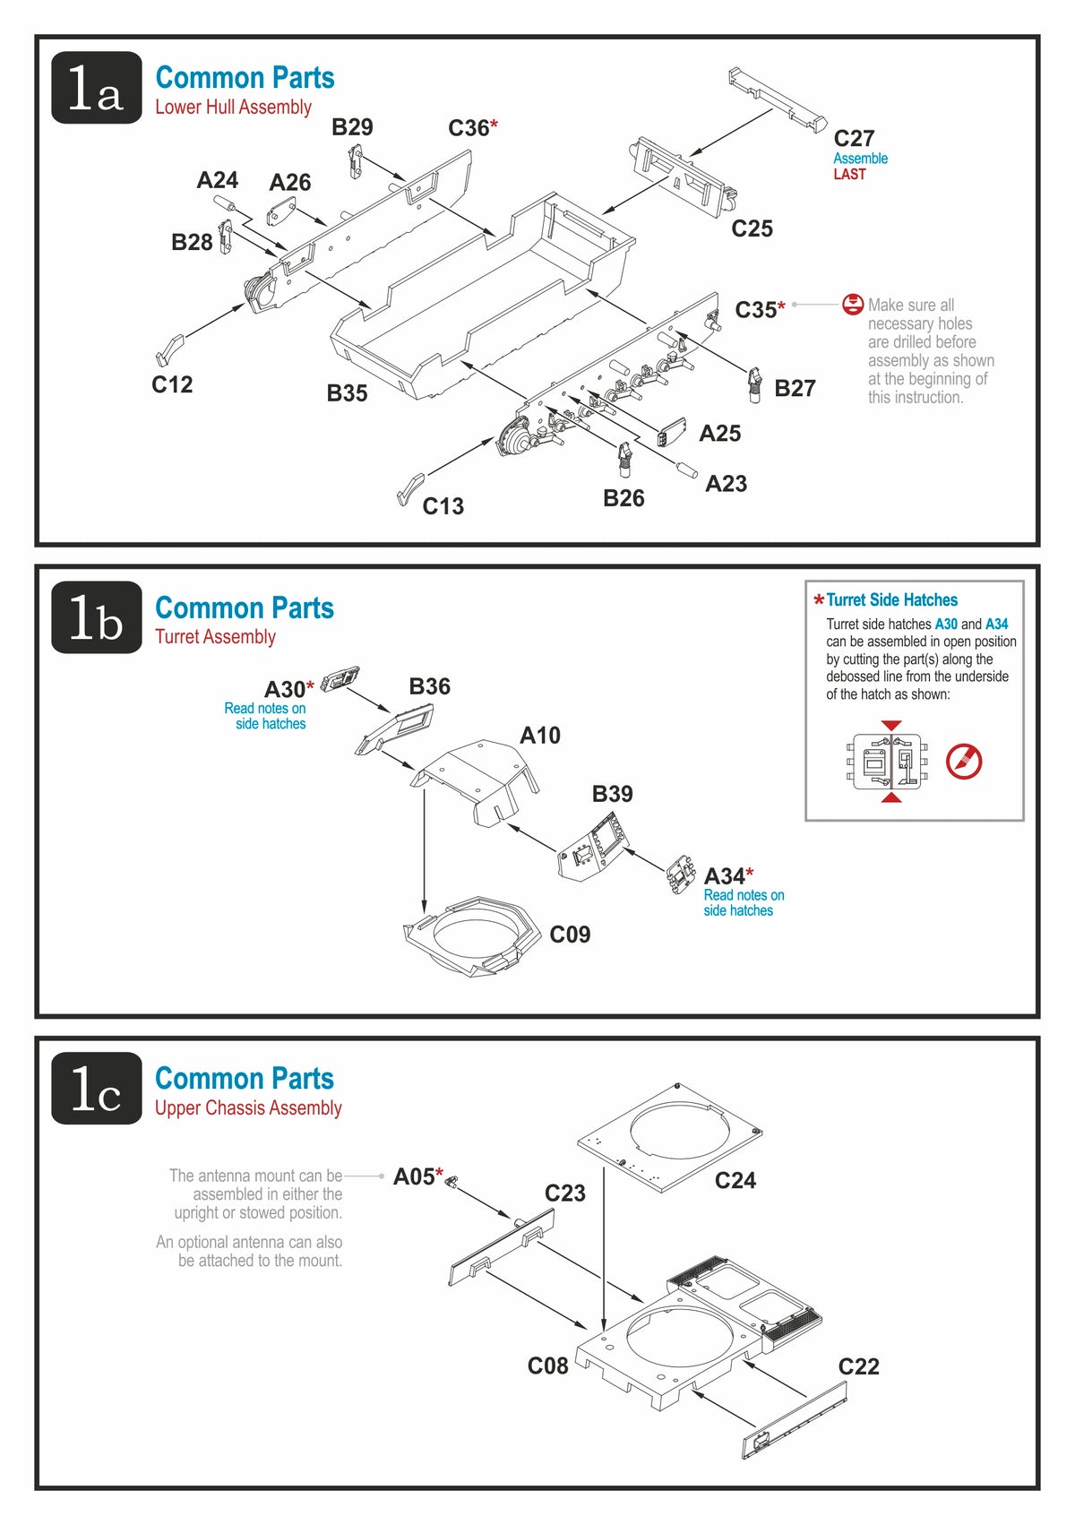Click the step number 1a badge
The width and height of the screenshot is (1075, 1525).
coord(96,88)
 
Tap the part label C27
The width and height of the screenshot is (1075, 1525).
coord(853,139)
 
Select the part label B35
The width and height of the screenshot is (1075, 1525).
coord(347,393)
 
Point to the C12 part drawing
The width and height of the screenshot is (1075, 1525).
coord(169,350)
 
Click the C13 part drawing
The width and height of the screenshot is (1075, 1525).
coord(408,489)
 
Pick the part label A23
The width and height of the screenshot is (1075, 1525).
coord(726,484)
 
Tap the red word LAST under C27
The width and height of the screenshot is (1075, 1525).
coord(849,175)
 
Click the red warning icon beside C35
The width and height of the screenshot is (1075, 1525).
coord(853,305)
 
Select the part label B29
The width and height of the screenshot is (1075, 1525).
coord(352,127)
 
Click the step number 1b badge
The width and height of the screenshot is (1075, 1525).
coord(96,618)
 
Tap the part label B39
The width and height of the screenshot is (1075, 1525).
coord(612,794)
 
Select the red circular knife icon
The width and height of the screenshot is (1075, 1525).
coord(964,762)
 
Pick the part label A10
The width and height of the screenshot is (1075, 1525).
coord(540,736)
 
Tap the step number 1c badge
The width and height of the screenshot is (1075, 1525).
coord(96,1089)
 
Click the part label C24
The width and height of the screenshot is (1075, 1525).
coord(735,1181)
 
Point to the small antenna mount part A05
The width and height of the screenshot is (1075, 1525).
coord(451,1183)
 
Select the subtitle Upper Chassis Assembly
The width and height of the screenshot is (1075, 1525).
coord(248,1108)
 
